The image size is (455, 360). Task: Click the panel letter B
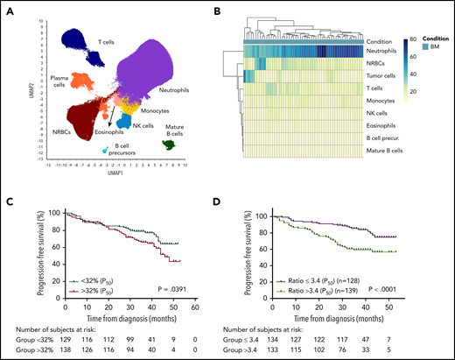point(234,8)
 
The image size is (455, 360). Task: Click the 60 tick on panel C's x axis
point(198,306)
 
